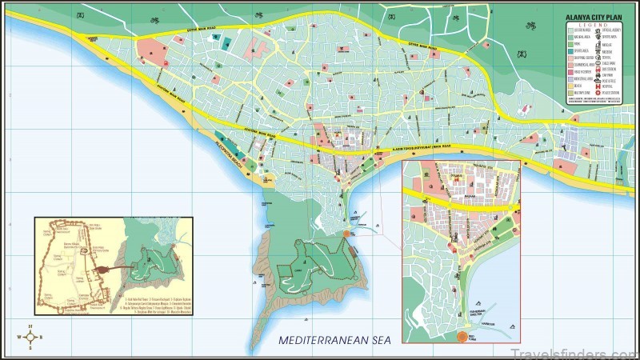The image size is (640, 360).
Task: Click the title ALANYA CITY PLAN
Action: coord(594,18)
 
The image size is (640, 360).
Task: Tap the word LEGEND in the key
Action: coord(593,25)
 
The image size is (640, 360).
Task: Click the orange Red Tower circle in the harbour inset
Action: coord(462,336)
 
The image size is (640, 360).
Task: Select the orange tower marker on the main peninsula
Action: coord(346,234)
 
